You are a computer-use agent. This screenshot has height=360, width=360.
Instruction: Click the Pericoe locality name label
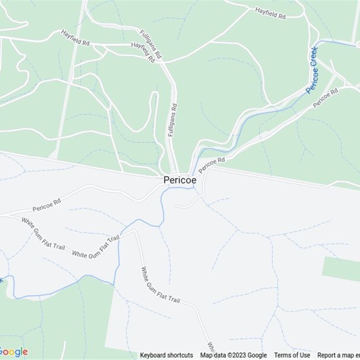click(x=180, y=180)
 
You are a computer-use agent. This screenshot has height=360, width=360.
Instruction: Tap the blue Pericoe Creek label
click(x=312, y=70)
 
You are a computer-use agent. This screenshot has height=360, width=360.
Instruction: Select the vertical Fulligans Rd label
click(x=173, y=119)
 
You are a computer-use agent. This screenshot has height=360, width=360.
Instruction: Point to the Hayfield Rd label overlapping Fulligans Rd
click(x=143, y=53)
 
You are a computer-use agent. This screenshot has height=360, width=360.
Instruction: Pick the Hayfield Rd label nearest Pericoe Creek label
click(x=270, y=13)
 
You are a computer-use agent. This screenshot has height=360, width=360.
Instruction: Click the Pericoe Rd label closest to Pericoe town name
click(x=211, y=165)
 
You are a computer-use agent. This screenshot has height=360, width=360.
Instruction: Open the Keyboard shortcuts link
click(x=166, y=355)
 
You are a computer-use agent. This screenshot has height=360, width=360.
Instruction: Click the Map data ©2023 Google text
click(x=234, y=355)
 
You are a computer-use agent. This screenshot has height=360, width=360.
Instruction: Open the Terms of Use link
click(x=292, y=355)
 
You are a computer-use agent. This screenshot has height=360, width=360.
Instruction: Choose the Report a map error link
click(x=338, y=355)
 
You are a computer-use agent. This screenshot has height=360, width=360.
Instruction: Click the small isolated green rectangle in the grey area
click(x=341, y=269)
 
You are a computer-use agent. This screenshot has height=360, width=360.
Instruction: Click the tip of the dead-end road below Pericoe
click(x=177, y=207)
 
